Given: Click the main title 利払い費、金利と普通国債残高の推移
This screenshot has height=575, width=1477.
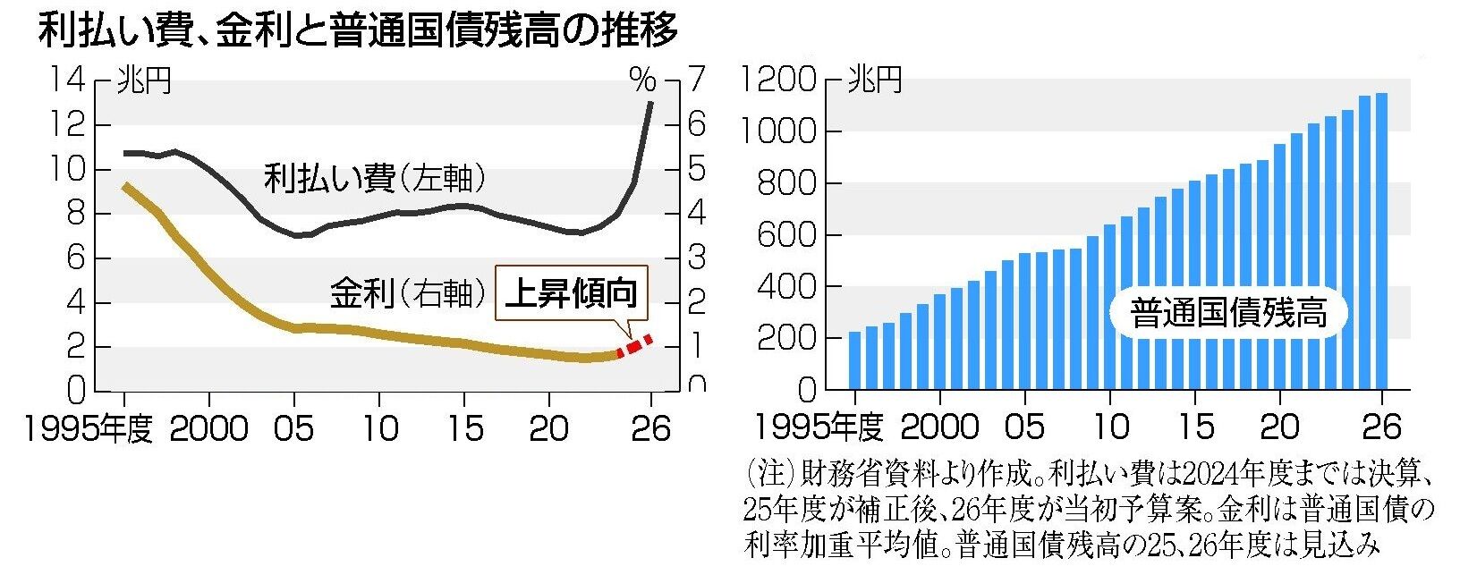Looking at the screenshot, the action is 358,31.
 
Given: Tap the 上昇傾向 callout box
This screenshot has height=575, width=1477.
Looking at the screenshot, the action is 572,293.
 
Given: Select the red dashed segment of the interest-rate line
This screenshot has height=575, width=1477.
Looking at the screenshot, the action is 634,346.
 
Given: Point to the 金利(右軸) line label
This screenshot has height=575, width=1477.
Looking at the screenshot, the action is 408,292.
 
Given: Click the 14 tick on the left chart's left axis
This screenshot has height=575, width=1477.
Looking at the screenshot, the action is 68,80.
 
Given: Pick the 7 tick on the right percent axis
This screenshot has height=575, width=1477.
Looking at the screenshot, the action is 696,80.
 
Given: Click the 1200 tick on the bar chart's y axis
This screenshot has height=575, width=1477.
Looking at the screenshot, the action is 778,79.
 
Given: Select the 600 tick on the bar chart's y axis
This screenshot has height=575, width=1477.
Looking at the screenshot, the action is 786,235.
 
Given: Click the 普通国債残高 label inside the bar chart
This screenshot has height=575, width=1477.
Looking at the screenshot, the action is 1228,313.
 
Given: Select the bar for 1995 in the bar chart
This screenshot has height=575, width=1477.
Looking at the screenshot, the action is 854,360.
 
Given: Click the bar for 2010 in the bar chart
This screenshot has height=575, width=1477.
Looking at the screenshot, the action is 1109,307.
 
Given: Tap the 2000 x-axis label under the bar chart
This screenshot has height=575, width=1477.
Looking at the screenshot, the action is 939,428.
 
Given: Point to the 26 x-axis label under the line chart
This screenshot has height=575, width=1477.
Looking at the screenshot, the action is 650,428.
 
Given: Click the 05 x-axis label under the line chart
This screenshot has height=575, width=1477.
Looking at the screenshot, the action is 294,428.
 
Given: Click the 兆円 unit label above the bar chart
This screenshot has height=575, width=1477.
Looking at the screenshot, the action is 874,80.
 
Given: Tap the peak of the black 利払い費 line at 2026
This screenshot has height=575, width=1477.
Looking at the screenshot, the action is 650,102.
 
